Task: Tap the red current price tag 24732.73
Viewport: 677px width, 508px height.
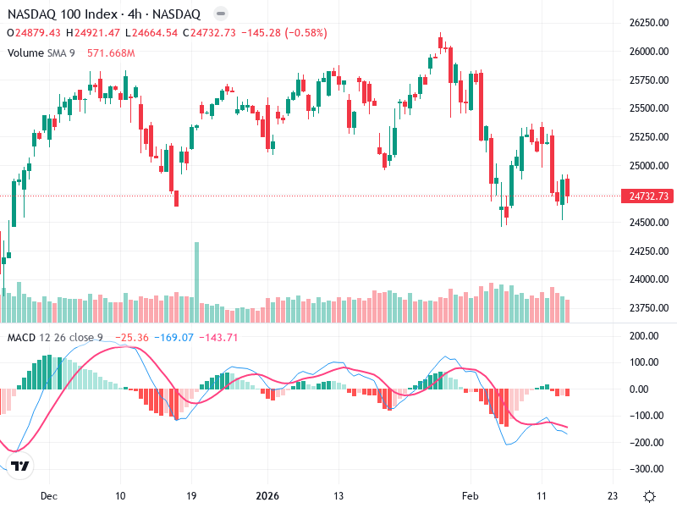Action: (x=649, y=196)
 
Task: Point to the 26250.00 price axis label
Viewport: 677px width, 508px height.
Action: (x=649, y=23)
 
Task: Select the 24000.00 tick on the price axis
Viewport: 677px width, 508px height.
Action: (x=649, y=279)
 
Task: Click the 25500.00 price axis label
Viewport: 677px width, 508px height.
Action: (x=649, y=108)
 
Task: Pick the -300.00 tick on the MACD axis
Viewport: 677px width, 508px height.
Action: (x=647, y=469)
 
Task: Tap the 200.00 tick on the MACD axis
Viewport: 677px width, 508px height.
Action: (x=647, y=336)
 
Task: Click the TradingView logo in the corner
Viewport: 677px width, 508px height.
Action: (x=21, y=467)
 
